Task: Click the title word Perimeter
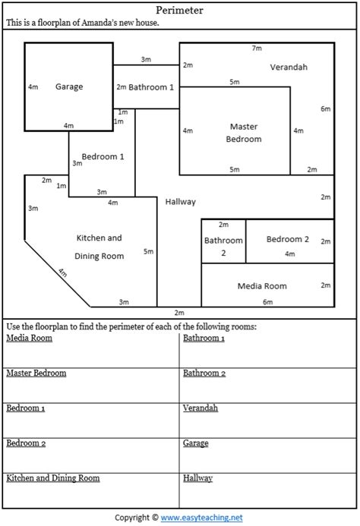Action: (179, 11)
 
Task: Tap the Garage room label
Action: (69, 87)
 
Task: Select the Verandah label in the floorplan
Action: (289, 67)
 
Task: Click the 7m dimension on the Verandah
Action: (257, 49)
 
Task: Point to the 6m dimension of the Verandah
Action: (325, 109)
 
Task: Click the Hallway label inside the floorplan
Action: (180, 202)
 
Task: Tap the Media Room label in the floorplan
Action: (262, 286)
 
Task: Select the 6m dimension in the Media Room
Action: (267, 302)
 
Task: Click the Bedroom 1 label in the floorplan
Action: (103, 156)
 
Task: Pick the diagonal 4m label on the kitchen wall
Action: (63, 272)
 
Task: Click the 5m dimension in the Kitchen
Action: (148, 251)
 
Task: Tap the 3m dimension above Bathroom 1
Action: (146, 59)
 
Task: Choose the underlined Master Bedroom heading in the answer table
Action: (36, 373)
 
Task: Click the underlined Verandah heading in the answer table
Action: (201, 408)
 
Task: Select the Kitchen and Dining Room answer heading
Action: (53, 478)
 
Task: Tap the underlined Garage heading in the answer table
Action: (196, 443)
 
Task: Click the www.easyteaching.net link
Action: (201, 518)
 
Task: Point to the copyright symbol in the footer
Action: (155, 518)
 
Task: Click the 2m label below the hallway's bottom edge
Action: (179, 313)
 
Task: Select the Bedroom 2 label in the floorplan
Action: (288, 239)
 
